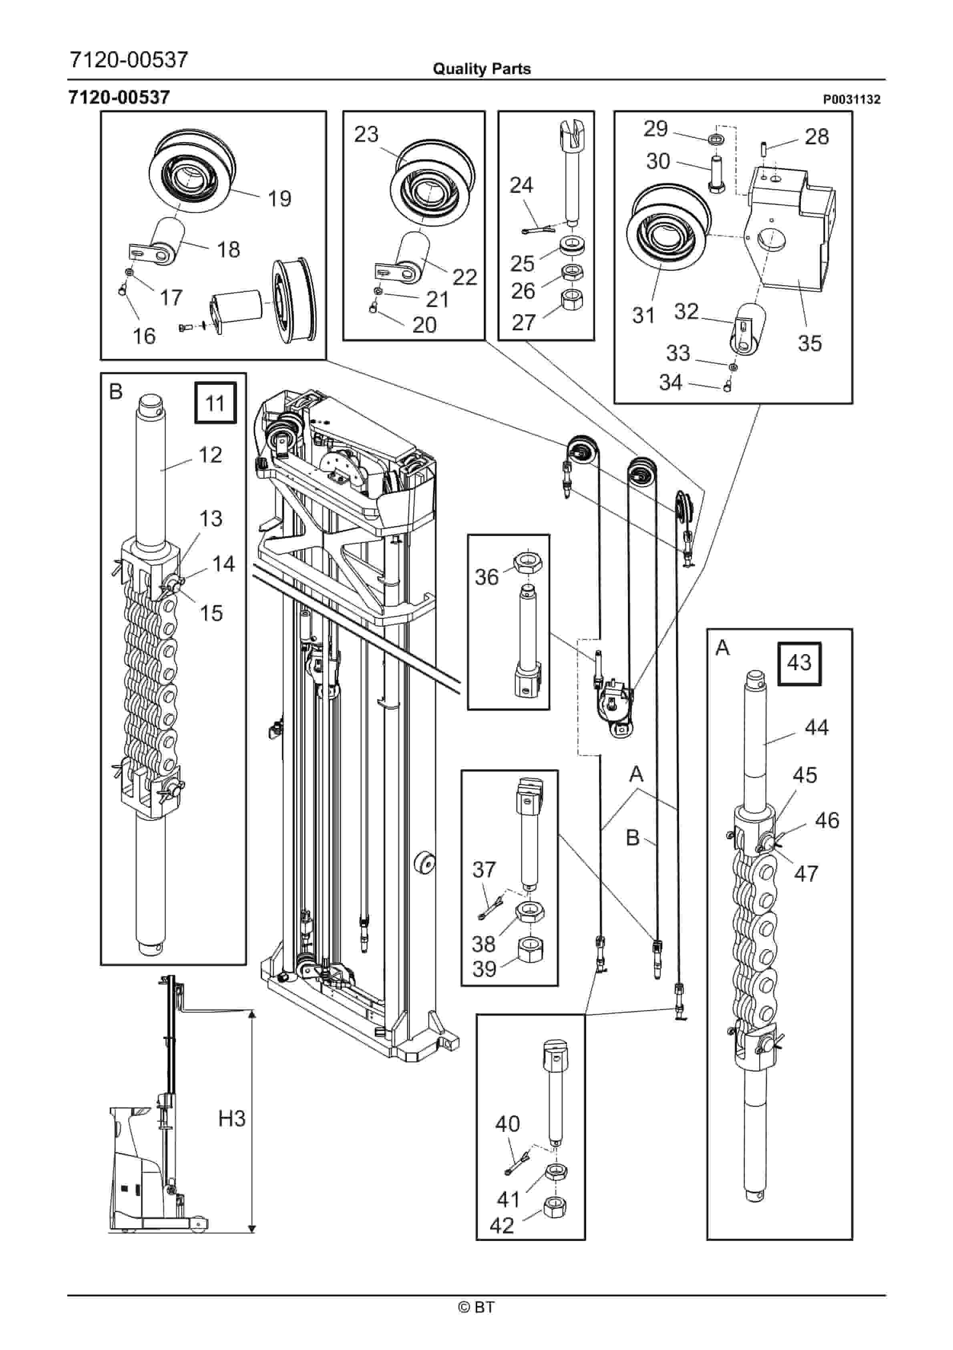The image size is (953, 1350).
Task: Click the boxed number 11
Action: tap(215, 403)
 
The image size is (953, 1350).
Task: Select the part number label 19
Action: tap(279, 199)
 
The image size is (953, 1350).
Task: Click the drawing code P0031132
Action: tap(851, 99)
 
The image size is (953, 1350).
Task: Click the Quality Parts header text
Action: tap(481, 69)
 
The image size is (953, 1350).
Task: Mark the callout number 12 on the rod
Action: tap(210, 455)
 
